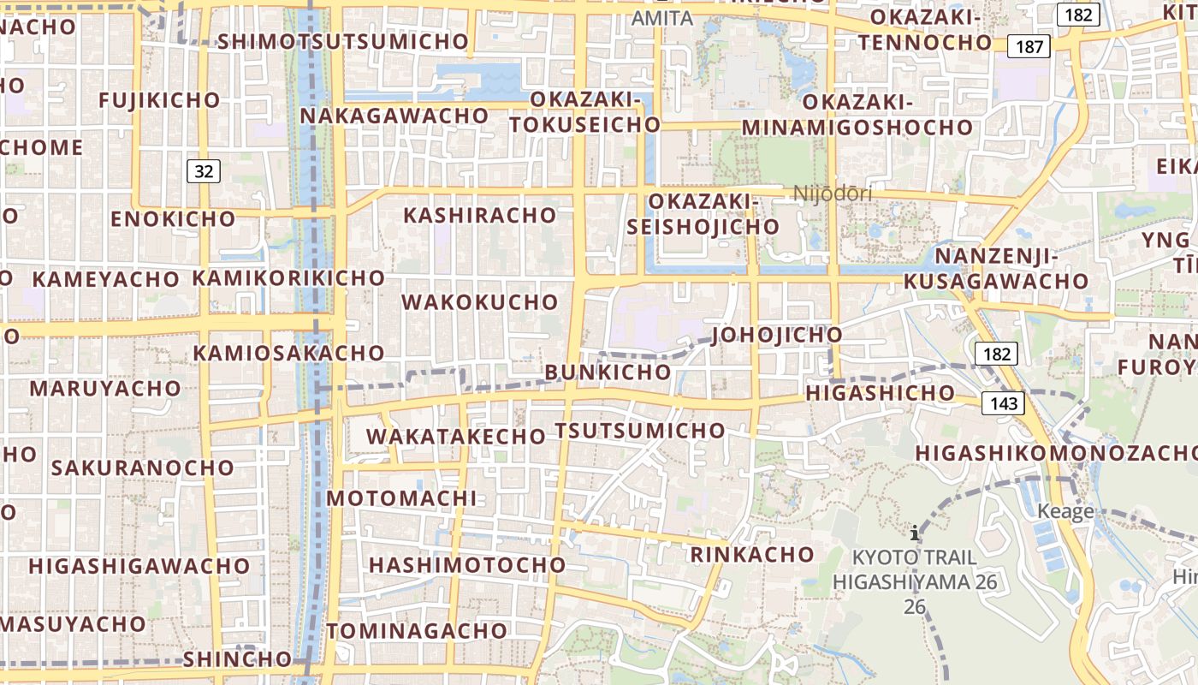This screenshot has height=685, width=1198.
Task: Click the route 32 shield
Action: pos(204,171)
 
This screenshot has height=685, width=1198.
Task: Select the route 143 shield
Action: pos(1002,402)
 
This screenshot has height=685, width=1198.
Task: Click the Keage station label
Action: pos(1065,511)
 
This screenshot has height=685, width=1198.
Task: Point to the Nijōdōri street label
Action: pos(833,194)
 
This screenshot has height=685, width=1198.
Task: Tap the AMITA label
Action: pos(661,18)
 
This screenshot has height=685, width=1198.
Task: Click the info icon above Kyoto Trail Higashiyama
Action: pos(915,533)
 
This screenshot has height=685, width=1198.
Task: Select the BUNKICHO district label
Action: pos(608,372)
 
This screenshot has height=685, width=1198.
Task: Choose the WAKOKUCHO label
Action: pos(479,302)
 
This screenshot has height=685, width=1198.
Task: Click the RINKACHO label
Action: pos(752,554)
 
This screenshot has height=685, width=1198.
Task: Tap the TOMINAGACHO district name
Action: pos(417,631)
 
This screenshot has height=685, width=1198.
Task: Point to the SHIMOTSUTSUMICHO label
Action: pos(344,41)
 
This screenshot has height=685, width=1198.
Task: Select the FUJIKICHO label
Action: pos(160,100)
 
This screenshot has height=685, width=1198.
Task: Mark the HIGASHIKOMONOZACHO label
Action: pos(1056,452)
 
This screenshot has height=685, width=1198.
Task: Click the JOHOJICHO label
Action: pos(777,334)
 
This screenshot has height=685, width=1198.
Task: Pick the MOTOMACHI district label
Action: pos(401,498)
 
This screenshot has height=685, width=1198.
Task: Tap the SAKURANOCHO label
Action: pos(143,468)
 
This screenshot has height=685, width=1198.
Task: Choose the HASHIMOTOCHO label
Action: pos(467,565)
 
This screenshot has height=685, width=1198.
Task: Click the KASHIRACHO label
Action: pos(480,215)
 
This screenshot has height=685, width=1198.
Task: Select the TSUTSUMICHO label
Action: pos(640,430)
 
